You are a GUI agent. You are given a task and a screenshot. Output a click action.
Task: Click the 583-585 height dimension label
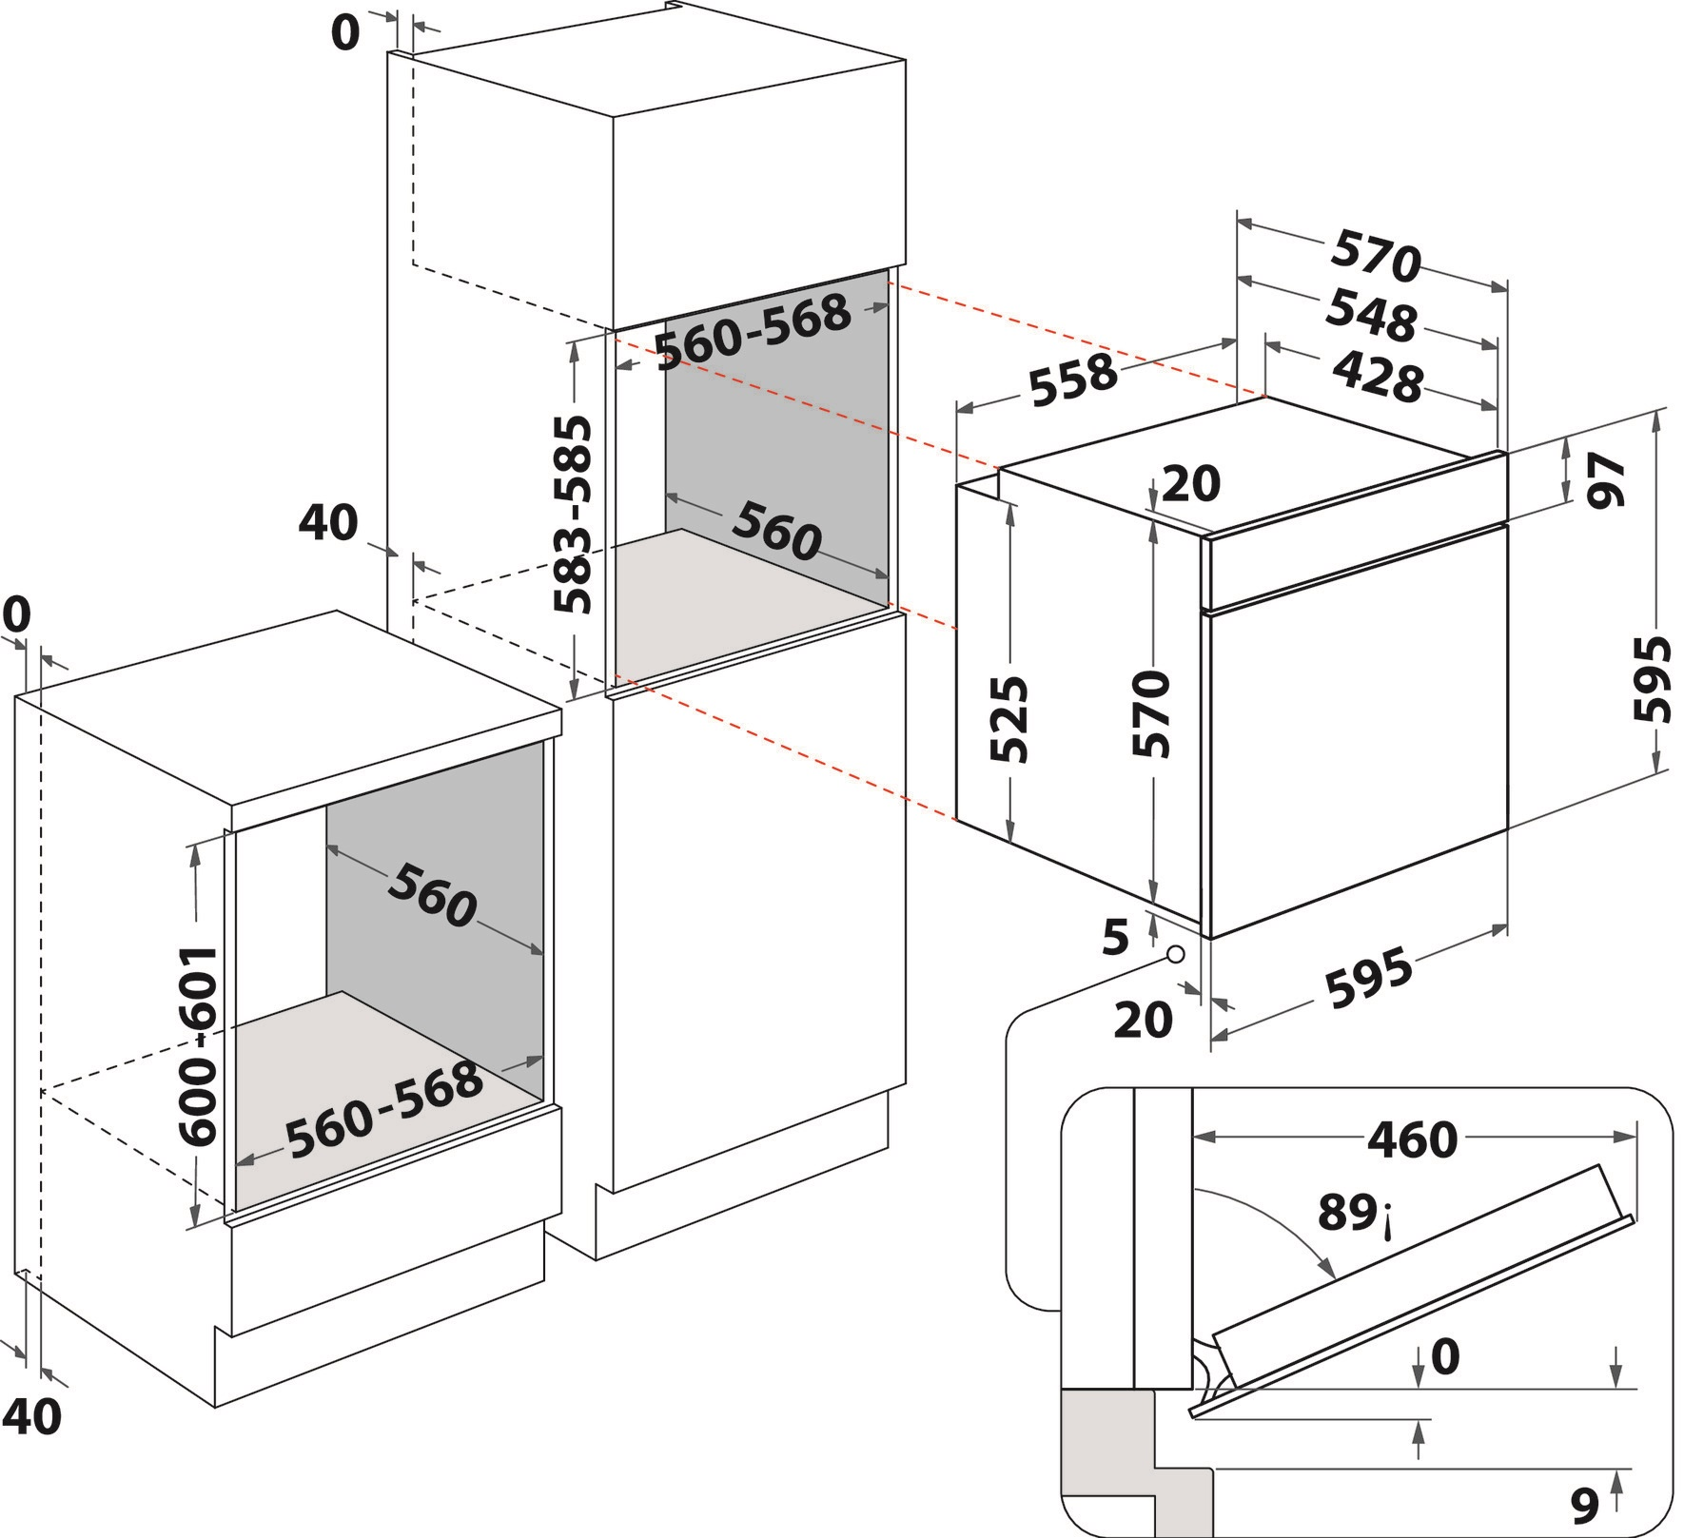tap(573, 514)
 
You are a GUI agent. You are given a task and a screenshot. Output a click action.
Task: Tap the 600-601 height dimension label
tap(199, 1045)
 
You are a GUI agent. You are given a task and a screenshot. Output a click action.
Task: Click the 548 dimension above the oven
tap(1371, 315)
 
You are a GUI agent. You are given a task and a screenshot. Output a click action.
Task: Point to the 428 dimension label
tap(1377, 376)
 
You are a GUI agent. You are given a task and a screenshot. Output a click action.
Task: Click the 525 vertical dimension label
tap(1009, 719)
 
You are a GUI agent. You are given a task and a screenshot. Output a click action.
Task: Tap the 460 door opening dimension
tap(1412, 1139)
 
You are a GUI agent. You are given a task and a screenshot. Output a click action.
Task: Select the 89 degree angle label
tap(1349, 1213)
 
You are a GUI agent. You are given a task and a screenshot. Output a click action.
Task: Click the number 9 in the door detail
tap(1584, 1504)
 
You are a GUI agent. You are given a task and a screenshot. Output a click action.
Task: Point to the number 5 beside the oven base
tap(1115, 938)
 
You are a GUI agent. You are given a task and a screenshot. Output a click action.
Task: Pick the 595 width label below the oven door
tap(1369, 980)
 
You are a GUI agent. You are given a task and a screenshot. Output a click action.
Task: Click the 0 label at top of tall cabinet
tap(345, 33)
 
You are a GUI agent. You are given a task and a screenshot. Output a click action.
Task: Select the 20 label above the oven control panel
tap(1191, 484)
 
